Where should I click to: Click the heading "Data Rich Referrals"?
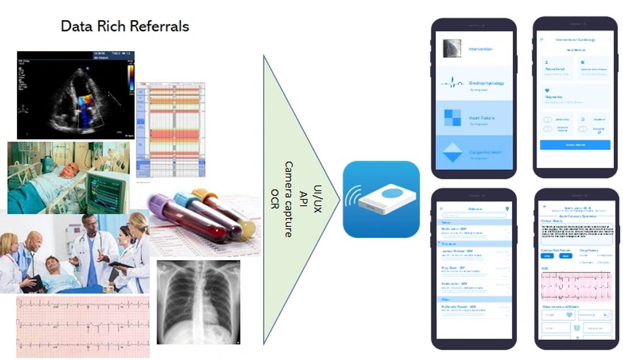(125, 26)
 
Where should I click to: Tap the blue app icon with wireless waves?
(381, 199)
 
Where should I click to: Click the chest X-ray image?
(198, 302)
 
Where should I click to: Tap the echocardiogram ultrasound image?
(76, 95)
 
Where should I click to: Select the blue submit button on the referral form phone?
(575, 145)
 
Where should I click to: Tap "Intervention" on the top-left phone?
(480, 49)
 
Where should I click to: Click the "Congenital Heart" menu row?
(485, 151)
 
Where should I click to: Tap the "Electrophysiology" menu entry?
(486, 83)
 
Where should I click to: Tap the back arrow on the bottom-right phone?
(544, 208)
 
